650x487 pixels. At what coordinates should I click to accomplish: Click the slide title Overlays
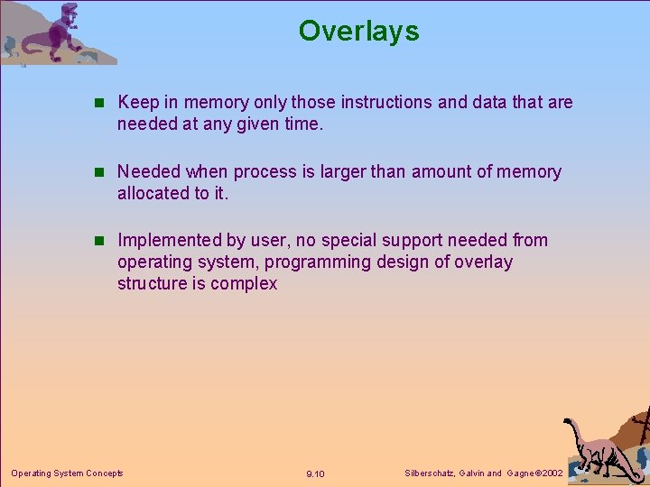pyautogui.click(x=358, y=32)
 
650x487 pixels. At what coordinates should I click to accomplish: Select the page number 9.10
pyautogui.click(x=316, y=474)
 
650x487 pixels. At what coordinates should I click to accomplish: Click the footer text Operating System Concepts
pyautogui.click(x=67, y=473)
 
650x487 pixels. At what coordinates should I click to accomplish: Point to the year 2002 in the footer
pyautogui.click(x=550, y=473)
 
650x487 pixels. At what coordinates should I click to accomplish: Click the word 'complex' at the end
pyautogui.click(x=244, y=284)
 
